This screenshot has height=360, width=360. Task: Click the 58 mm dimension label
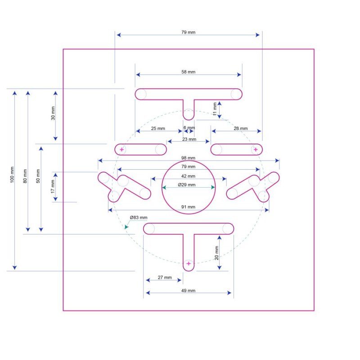pos(189,72)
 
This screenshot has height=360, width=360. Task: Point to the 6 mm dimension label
pos(189,128)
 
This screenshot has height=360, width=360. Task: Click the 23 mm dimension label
pos(189,139)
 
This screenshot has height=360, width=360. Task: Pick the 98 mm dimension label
pos(188,158)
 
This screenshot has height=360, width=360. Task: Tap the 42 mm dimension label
pos(188,176)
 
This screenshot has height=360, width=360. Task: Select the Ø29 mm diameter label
pos(186,184)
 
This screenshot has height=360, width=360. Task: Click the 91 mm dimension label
pos(188,207)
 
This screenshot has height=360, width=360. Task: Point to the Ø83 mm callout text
pos(139,218)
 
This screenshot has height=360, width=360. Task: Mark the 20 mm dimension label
pos(216,254)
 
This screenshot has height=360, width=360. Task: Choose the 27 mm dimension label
pos(165,278)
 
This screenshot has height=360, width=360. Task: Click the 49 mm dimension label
pos(188,291)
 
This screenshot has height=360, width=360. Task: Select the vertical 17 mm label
pos(53,186)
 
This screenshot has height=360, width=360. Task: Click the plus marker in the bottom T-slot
pos(189,263)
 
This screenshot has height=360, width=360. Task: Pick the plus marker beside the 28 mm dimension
pos(256,149)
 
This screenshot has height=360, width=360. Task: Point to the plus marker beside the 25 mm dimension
pos(121,149)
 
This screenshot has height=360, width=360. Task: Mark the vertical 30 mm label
pos(53,113)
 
